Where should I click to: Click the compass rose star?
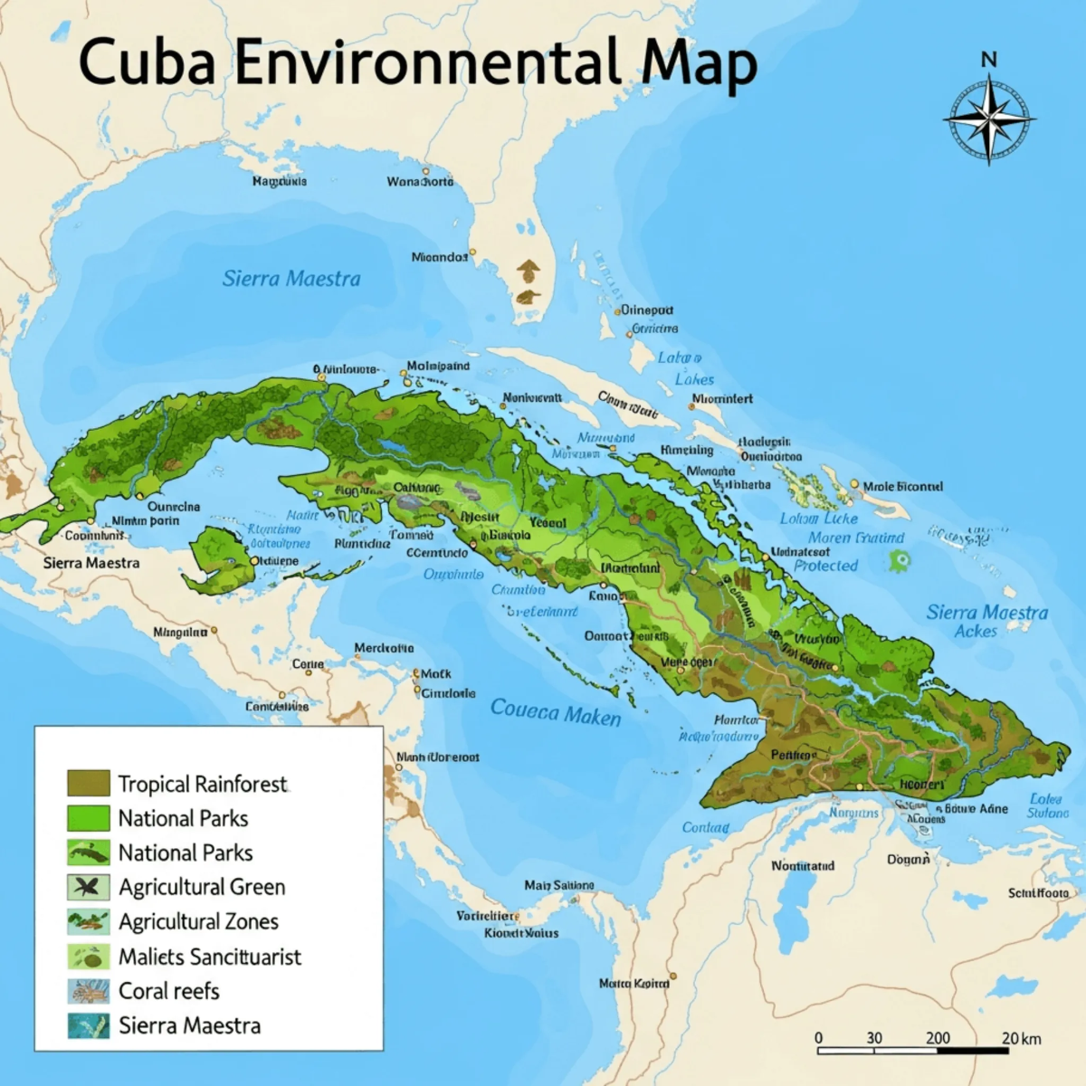[x=989, y=119]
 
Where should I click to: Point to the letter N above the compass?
[x=988, y=60]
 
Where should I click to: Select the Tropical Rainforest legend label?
[x=202, y=784]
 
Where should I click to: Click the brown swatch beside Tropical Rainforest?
[x=88, y=784]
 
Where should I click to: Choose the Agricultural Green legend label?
[x=202, y=887]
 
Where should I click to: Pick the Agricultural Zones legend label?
[x=198, y=921]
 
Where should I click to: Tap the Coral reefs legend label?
[x=169, y=991]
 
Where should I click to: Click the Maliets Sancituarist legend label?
[x=210, y=957]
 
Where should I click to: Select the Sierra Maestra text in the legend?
[x=189, y=1025]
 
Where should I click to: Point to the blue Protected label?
[x=825, y=566]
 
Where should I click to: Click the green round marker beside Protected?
[x=899, y=561]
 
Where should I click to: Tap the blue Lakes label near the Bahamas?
[x=694, y=380]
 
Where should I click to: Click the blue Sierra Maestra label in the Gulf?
[x=291, y=279]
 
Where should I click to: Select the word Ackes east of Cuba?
[x=976, y=632]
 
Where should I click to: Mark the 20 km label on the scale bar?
[x=1021, y=1038]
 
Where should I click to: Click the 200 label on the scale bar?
[x=938, y=1038]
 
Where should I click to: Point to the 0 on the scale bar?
[x=819, y=1038]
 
